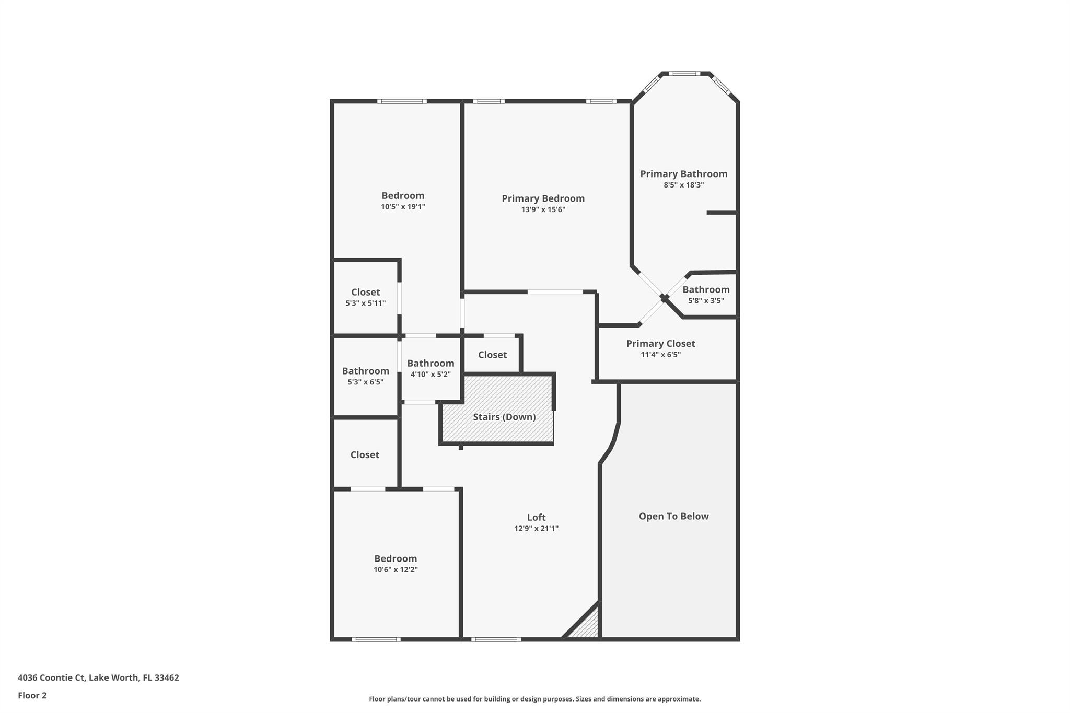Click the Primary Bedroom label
click(543, 198)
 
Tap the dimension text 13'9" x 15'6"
click(543, 210)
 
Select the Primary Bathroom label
click(683, 174)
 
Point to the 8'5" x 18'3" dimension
click(683, 185)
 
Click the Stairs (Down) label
click(504, 417)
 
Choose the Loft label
click(536, 517)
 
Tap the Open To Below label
click(673, 516)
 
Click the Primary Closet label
click(660, 343)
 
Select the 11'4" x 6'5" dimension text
click(660, 355)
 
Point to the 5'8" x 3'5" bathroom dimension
click(706, 301)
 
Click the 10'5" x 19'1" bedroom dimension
click(403, 207)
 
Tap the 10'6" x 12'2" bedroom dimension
click(396, 570)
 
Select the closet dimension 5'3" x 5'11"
click(365, 303)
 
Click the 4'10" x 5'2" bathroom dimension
click(431, 375)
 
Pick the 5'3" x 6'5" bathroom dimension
click(365, 382)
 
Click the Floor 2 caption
click(32, 695)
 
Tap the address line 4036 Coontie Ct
click(98, 677)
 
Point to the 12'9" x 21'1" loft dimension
click(536, 529)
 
